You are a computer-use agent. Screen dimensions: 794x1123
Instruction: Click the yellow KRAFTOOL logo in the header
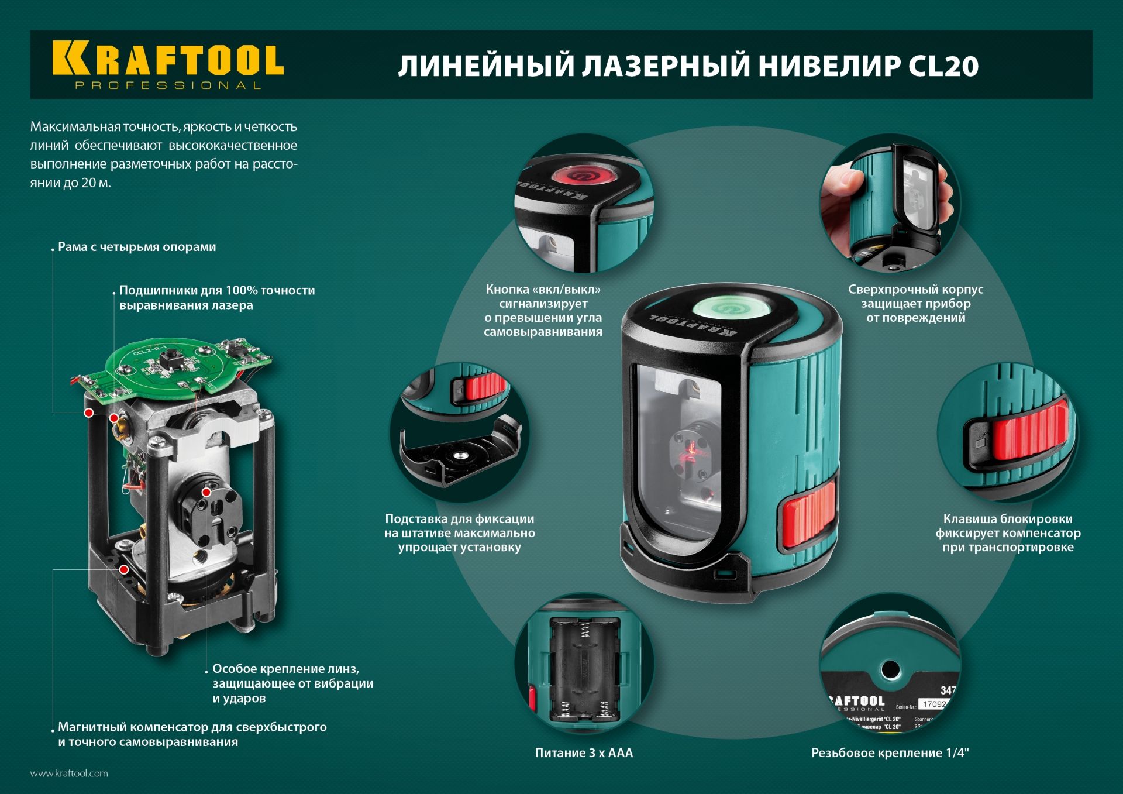click(168, 59)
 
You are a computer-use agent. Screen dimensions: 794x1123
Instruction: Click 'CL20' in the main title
click(943, 66)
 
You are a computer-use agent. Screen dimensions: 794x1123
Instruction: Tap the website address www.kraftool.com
click(69, 773)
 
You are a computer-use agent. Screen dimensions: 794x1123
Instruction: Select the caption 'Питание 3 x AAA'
click(584, 753)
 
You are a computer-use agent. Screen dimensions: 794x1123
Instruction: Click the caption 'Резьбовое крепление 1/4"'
click(890, 753)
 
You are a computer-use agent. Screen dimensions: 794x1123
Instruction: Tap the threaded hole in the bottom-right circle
click(890, 669)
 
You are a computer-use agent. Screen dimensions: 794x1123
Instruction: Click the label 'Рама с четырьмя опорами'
click(137, 247)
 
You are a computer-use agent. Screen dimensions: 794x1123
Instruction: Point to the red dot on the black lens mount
click(206, 492)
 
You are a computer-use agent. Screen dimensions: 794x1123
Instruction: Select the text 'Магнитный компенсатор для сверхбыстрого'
click(192, 727)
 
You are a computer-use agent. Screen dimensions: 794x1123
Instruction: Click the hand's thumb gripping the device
click(840, 181)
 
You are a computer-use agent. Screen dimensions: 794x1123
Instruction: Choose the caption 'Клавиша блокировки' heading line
click(1007, 519)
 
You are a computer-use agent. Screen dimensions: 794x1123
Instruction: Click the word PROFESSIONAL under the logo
click(168, 85)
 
